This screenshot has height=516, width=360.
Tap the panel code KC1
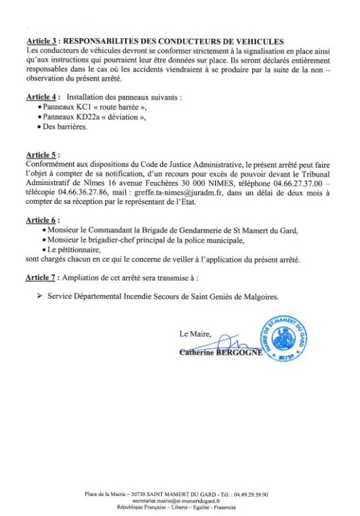85,106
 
